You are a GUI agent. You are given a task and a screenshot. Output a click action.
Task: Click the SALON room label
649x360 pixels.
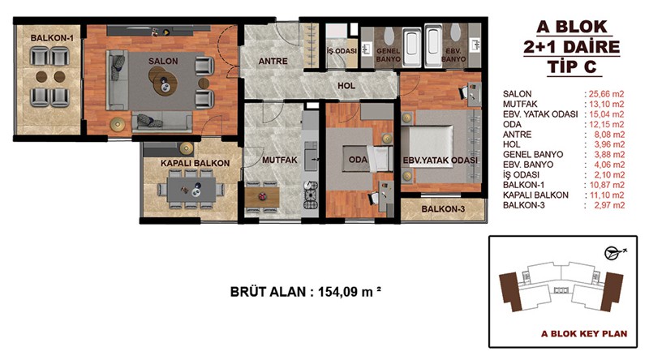pos(163,62)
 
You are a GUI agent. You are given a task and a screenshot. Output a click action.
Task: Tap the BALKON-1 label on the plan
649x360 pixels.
pos(52,38)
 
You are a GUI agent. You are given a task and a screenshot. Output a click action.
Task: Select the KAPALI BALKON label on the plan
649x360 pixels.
pos(195,164)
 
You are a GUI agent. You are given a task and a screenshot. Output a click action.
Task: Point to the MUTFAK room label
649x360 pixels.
pos(280,160)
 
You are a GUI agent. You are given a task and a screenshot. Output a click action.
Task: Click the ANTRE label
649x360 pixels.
pos(273,62)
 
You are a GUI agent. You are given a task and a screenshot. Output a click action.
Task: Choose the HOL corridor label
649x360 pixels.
pos(346,86)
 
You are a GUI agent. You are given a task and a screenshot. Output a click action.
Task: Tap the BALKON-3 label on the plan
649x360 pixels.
pos(443,209)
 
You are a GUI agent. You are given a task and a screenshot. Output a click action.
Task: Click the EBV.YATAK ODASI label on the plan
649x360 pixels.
pos(441,161)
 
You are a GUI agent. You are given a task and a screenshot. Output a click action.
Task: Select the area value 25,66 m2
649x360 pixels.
pos(606,94)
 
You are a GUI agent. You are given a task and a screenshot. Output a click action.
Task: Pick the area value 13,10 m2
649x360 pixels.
pos(606,104)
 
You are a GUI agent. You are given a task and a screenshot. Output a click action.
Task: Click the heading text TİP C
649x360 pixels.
pos(572,66)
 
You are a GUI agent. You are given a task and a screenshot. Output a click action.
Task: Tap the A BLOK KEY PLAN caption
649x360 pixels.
pos(584,333)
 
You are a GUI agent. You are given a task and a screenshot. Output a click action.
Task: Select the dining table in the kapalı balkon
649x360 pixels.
pos(191,190)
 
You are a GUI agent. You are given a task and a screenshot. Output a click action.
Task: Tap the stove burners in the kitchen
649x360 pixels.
pos(311,195)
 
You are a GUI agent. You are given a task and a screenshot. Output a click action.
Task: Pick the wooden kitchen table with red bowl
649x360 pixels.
pos(261,197)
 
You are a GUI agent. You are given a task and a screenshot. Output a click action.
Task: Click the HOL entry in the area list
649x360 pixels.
pos(512,144)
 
